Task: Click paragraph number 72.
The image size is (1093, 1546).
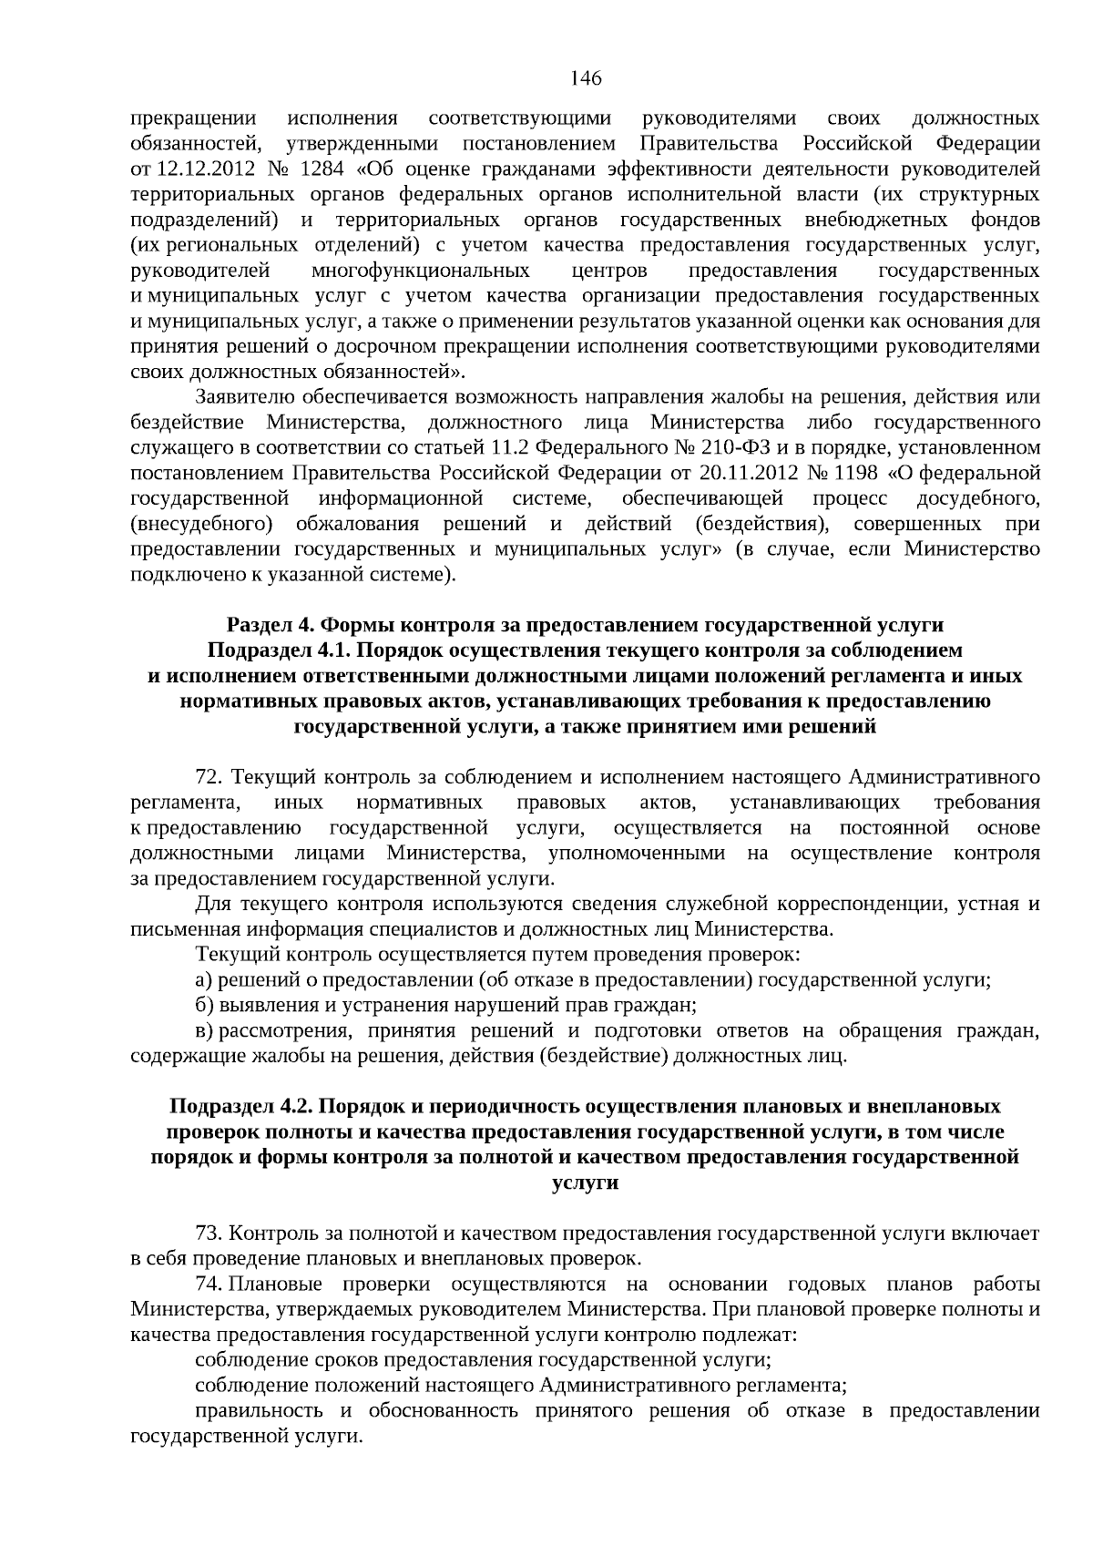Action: pyautogui.click(x=209, y=777)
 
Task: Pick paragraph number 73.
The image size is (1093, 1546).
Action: pyautogui.click(x=209, y=1234)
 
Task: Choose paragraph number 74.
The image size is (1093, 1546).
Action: pyautogui.click(x=209, y=1285)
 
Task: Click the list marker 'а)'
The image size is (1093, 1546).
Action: pyautogui.click(x=204, y=980)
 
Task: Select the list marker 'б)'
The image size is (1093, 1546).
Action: pyautogui.click(x=204, y=1006)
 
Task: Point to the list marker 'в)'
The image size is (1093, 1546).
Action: pyautogui.click(x=204, y=1031)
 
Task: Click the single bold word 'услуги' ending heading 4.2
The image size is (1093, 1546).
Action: pyautogui.click(x=585, y=1183)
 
